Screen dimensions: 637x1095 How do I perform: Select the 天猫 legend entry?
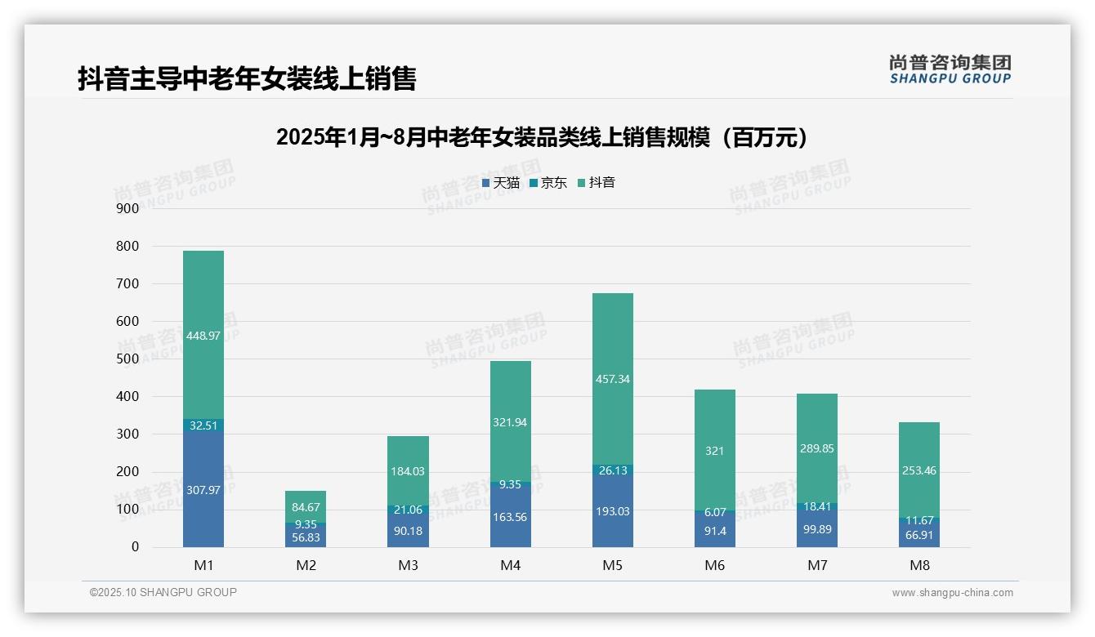[501, 183]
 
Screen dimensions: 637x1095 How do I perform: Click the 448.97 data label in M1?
[203, 336]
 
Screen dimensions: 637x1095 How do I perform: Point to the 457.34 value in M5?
[613, 380]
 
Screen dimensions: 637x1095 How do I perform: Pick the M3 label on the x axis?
[409, 565]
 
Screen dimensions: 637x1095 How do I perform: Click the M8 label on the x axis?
[919, 565]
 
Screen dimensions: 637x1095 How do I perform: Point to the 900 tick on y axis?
[128, 208]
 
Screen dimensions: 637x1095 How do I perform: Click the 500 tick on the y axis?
[128, 359]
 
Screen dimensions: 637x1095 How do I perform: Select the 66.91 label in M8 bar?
[919, 535]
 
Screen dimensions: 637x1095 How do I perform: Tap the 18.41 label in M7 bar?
[817, 507]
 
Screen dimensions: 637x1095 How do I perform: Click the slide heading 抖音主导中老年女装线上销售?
[247, 78]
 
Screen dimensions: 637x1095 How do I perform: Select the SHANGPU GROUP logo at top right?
[950, 69]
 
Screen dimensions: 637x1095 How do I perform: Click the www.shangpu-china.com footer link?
[952, 593]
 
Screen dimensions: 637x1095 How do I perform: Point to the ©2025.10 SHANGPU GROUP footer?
[163, 592]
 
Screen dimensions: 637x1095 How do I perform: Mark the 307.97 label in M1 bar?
[203, 490]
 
